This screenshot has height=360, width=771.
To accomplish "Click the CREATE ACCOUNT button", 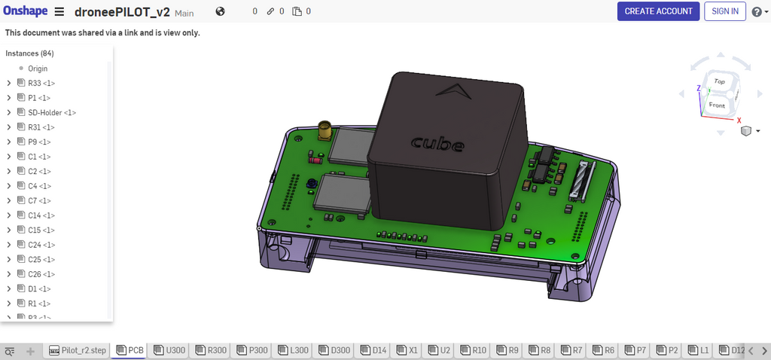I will pyautogui.click(x=658, y=11).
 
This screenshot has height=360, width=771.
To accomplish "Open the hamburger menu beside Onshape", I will pyautogui.click(x=59, y=12).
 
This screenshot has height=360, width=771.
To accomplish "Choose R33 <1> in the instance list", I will pyautogui.click(x=41, y=83).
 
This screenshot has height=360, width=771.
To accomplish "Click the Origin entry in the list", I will pyautogui.click(x=38, y=69).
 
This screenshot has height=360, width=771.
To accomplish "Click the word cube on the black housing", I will pyautogui.click(x=437, y=142).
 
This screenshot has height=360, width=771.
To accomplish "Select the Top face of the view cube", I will pyautogui.click(x=719, y=81).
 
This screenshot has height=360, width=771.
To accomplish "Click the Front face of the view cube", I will pyautogui.click(x=717, y=105).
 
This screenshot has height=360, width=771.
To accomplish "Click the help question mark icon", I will pyautogui.click(x=756, y=12).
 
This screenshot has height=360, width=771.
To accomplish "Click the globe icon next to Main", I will pyautogui.click(x=220, y=11).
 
